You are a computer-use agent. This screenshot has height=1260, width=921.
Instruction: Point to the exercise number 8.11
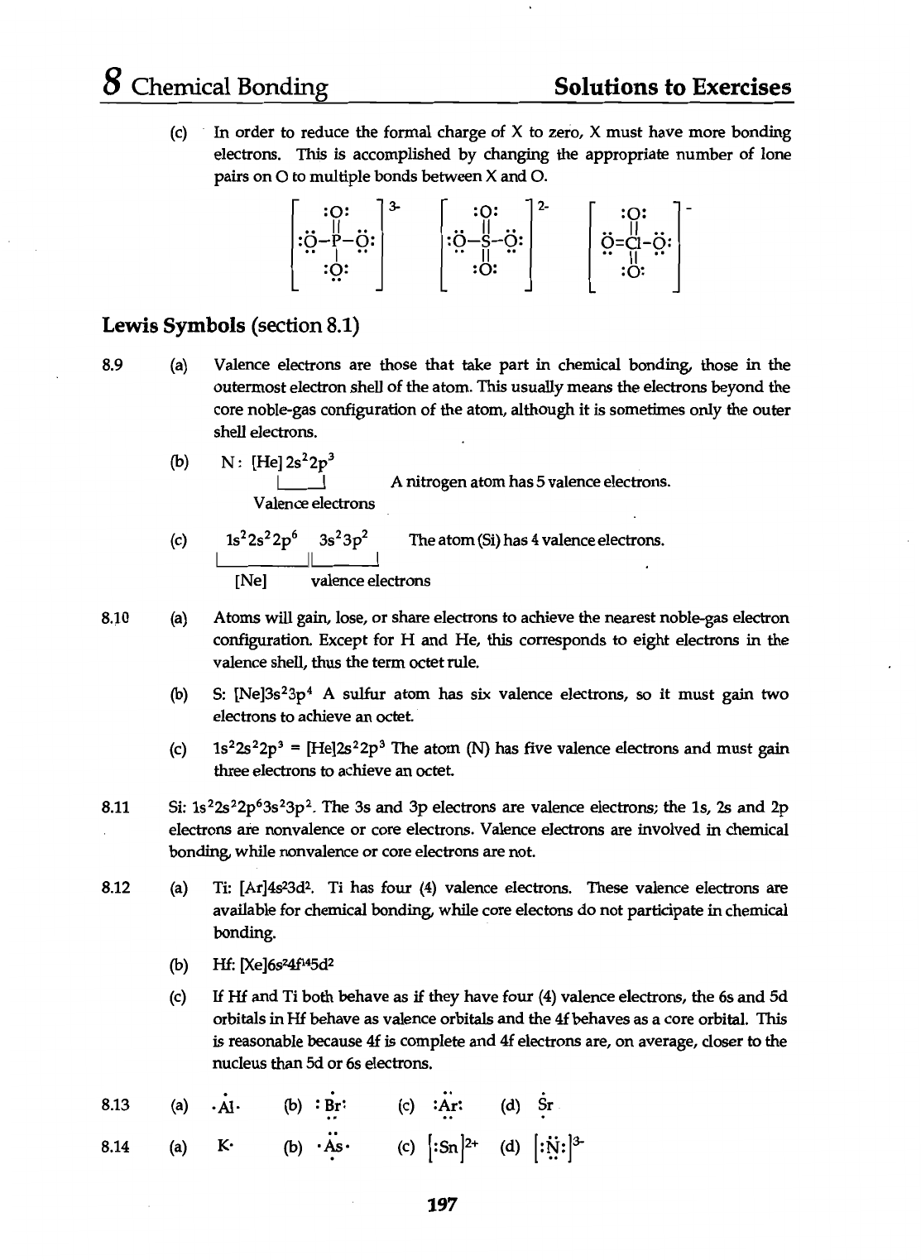115,807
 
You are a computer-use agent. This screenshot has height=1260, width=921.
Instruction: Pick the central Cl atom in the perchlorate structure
633,243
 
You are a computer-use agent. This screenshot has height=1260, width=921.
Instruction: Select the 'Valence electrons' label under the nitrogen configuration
314,503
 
